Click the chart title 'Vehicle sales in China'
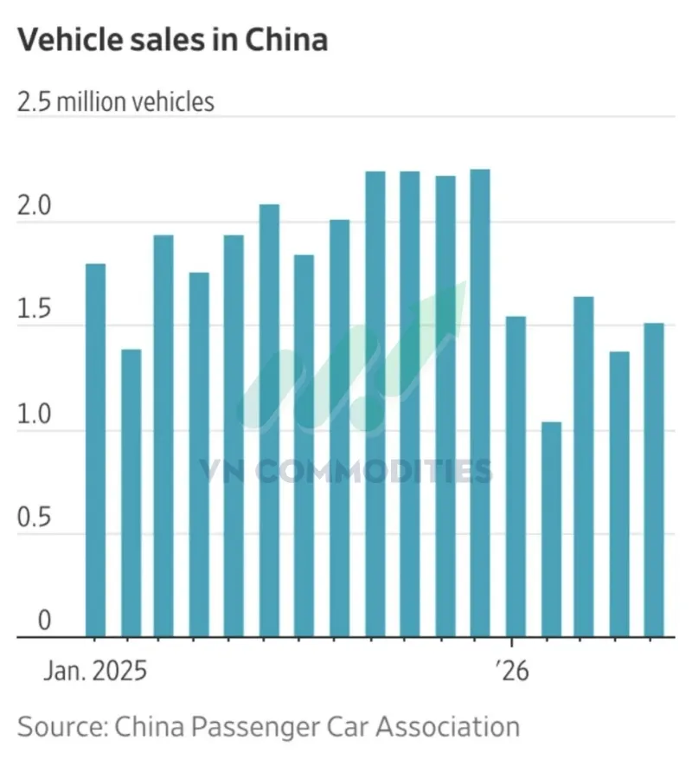[173, 40]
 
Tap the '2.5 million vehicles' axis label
[116, 102]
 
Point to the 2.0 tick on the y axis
[34, 205]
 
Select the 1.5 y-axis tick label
[34, 309]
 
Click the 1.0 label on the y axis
[34, 414]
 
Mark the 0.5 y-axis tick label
[34, 518]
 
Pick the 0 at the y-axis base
[44, 620]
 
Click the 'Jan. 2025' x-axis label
[95, 671]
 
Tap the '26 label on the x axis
[512, 671]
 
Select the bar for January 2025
[95, 450]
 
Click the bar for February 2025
[131, 493]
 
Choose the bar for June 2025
[269, 421]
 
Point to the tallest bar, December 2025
[480, 403]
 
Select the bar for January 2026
[516, 477]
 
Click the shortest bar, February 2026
[551, 530]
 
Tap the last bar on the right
[654, 480]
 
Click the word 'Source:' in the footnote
[62, 727]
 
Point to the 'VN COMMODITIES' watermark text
[346, 470]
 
